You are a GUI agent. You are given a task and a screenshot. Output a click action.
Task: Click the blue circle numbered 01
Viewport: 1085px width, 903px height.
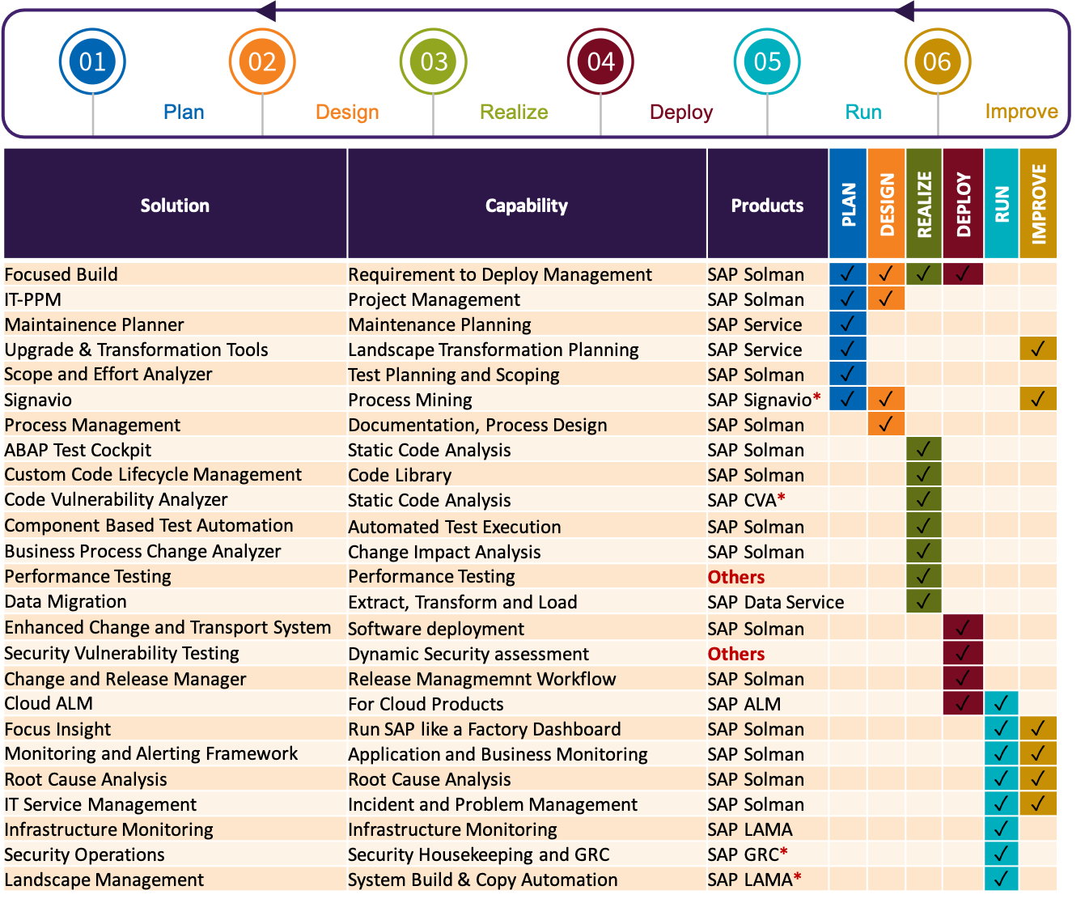(92, 61)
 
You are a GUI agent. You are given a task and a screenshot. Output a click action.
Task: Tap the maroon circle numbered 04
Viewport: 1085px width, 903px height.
(600, 61)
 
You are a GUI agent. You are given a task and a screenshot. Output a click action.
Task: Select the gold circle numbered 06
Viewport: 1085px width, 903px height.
(937, 61)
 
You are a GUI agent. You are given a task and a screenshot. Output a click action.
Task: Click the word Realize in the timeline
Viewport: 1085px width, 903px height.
(514, 112)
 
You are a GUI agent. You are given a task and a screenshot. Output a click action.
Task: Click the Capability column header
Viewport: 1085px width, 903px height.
(526, 206)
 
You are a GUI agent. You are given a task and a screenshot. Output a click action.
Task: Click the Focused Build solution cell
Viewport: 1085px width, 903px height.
(61, 274)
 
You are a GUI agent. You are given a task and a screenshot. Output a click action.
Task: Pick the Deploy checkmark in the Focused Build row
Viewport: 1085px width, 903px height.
(963, 273)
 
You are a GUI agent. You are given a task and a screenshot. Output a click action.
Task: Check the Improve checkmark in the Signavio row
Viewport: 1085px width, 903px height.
(1038, 399)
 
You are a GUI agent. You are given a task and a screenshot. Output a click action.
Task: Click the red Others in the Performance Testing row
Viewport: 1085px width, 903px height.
(735, 577)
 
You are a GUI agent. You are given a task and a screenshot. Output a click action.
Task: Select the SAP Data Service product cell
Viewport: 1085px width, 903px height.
(775, 602)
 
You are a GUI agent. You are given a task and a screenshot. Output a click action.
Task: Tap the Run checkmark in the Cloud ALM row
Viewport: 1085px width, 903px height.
(1001, 703)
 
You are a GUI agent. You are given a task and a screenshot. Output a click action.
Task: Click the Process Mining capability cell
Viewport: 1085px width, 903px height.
(409, 400)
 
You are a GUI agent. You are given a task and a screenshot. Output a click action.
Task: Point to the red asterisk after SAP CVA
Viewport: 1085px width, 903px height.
(782, 498)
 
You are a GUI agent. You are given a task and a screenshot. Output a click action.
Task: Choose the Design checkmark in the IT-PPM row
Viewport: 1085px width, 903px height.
(886, 299)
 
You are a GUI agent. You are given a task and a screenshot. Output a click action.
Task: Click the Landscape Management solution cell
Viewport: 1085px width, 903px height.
(104, 880)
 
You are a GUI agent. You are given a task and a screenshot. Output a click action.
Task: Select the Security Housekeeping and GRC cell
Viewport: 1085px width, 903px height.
(478, 854)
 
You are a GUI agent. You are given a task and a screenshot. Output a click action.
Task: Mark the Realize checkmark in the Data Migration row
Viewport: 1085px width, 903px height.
(924, 601)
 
